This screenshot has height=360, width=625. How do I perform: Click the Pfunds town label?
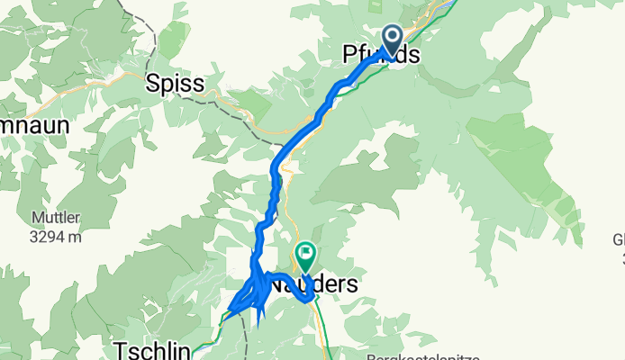pyautogui.click(x=381, y=56)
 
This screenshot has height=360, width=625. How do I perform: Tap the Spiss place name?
pyautogui.click(x=175, y=84)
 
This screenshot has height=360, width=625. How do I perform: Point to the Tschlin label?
pyautogui.click(x=151, y=350)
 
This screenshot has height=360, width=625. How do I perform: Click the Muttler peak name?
pyautogui.click(x=50, y=219)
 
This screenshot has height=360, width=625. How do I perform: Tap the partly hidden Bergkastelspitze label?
pyautogui.click(x=423, y=356)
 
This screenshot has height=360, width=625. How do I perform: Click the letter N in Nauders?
pyautogui.click(x=279, y=284)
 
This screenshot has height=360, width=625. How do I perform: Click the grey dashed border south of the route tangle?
pyautogui.click(x=246, y=342)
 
